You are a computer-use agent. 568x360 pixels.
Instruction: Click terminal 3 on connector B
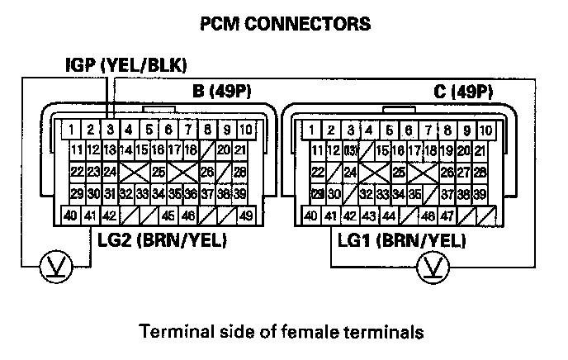[x=110, y=130]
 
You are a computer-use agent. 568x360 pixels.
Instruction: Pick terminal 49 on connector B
[x=245, y=217]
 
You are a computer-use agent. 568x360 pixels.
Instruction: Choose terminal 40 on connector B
[x=72, y=217]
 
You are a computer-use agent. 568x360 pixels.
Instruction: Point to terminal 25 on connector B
[x=159, y=172]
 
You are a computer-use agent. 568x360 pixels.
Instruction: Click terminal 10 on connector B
[x=245, y=130]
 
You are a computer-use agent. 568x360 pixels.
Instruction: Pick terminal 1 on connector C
[x=310, y=130]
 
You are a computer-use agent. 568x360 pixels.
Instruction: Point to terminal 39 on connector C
[x=480, y=194]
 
